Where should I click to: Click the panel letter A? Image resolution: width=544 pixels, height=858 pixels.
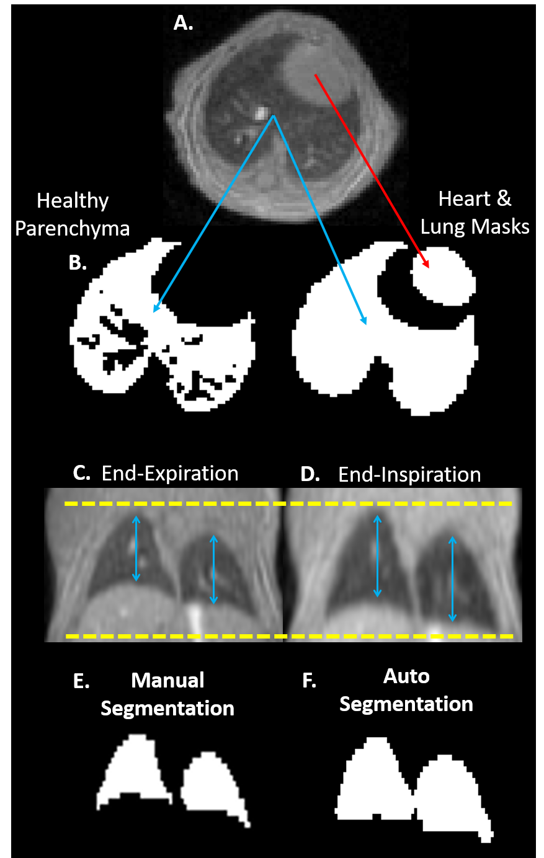pyautogui.click(x=183, y=24)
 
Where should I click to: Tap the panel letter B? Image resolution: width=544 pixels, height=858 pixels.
pyautogui.click(x=78, y=262)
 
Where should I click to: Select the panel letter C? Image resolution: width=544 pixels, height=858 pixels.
pyautogui.click(x=82, y=473)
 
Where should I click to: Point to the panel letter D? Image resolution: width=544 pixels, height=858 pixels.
pyautogui.click(x=310, y=474)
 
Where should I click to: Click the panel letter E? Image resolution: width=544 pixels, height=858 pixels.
pyautogui.click(x=81, y=681)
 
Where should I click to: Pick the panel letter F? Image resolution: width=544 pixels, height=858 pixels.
pyautogui.click(x=309, y=681)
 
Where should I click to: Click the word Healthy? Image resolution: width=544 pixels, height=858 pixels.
pyautogui.click(x=73, y=201)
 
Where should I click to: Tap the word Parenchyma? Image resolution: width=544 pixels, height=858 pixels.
pyautogui.click(x=73, y=228)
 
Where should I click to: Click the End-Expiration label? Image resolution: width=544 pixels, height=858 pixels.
pyautogui.click(x=170, y=474)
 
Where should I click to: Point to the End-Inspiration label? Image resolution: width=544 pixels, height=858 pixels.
pyautogui.click(x=409, y=475)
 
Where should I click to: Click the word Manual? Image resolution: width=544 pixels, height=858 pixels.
pyautogui.click(x=167, y=680)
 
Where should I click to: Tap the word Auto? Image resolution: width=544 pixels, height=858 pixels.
pyautogui.click(x=406, y=676)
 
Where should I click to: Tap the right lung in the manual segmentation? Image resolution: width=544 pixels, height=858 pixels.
pyautogui.click(x=211, y=784)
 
